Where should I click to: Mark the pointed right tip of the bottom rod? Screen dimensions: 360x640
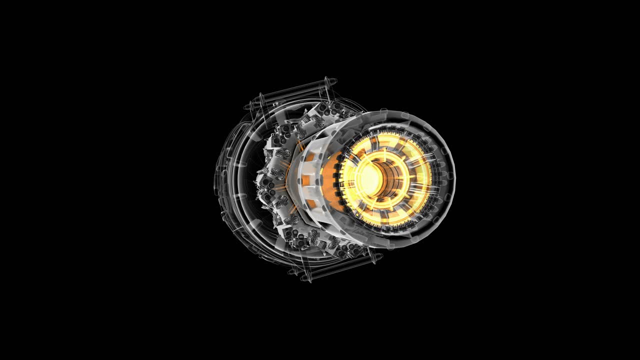tap(382, 256)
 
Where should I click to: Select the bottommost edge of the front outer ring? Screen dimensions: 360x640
tap(395, 248)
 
